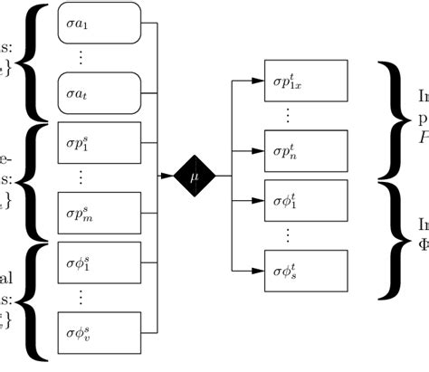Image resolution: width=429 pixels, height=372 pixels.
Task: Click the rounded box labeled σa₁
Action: coord(99,24)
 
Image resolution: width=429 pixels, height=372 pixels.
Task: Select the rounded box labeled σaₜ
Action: coord(99,92)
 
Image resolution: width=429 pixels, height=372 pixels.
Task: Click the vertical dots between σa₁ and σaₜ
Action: coord(81,58)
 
